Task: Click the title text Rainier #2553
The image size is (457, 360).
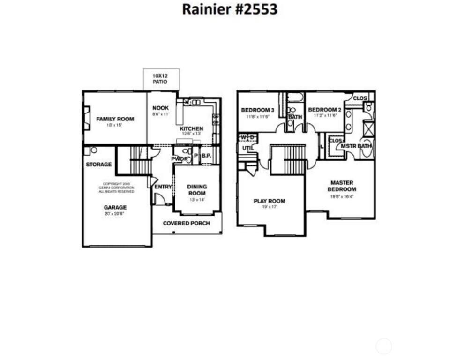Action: [x=230, y=9]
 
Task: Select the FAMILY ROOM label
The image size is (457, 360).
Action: [x=115, y=119]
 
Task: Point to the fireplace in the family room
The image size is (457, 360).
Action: [x=87, y=118]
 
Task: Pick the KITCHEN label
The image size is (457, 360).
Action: [x=191, y=129]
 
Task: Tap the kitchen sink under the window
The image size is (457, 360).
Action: [x=195, y=102]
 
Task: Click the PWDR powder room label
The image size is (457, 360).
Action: [x=179, y=159]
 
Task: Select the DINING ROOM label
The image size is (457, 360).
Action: [x=197, y=190]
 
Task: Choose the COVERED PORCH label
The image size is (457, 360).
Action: [x=186, y=223]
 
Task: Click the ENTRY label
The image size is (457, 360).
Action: [x=163, y=187]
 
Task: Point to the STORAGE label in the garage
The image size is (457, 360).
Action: [x=98, y=165]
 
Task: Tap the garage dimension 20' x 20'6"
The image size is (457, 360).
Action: [x=115, y=214]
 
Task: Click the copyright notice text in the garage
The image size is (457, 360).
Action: [x=116, y=187]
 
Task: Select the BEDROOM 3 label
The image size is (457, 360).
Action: [x=257, y=110]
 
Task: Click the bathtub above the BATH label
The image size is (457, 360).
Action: [x=295, y=98]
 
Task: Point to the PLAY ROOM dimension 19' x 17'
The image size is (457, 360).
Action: [x=269, y=207]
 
